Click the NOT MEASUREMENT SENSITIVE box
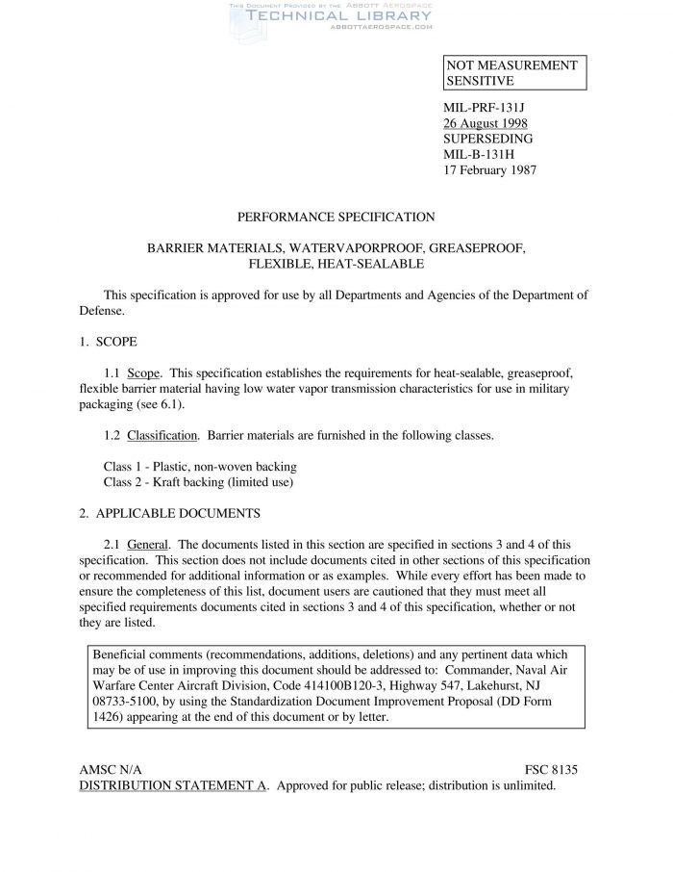click(513, 73)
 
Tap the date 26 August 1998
click(485, 123)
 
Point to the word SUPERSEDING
click(487, 139)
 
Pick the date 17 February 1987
click(489, 170)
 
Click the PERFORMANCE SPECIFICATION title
click(336, 218)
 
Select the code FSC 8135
click(552, 770)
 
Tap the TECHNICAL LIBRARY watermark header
click(326, 16)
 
